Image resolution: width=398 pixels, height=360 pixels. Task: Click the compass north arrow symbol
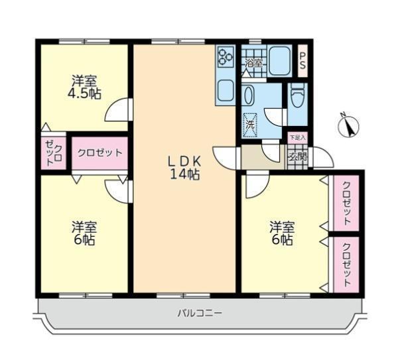(349, 125)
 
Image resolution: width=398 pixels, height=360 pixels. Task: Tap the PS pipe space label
(302, 61)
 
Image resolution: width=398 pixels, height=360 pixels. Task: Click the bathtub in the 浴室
(279, 60)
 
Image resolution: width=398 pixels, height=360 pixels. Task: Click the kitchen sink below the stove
(225, 91)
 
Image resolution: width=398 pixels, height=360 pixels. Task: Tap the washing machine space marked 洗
(250, 125)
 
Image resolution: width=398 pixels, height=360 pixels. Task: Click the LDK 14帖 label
(185, 168)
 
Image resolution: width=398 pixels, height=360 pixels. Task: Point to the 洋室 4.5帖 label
(84, 88)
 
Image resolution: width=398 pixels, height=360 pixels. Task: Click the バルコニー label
(200, 313)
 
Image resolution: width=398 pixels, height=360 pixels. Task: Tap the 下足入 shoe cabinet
(298, 138)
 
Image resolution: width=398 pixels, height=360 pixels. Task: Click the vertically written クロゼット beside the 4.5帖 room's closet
(54, 154)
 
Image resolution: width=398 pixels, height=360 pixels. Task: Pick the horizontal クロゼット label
(99, 152)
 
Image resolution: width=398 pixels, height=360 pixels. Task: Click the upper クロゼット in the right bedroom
(346, 204)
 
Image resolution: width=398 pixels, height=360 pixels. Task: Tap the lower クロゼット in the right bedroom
(346, 265)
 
